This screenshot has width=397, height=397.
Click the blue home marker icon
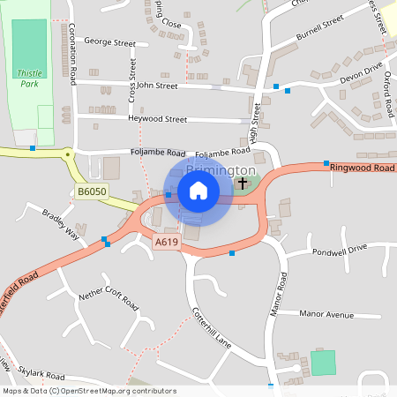[x=198, y=191]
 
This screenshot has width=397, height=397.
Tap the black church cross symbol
[x=243, y=184]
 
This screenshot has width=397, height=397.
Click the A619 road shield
[x=166, y=241]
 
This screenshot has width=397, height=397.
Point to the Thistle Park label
[x=29, y=79]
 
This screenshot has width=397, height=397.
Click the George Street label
[x=109, y=42]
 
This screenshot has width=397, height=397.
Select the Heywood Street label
[x=157, y=119]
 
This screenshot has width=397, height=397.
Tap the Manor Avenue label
[x=326, y=314]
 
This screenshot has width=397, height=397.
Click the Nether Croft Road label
[x=109, y=301]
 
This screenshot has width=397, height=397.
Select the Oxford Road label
[x=388, y=97]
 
